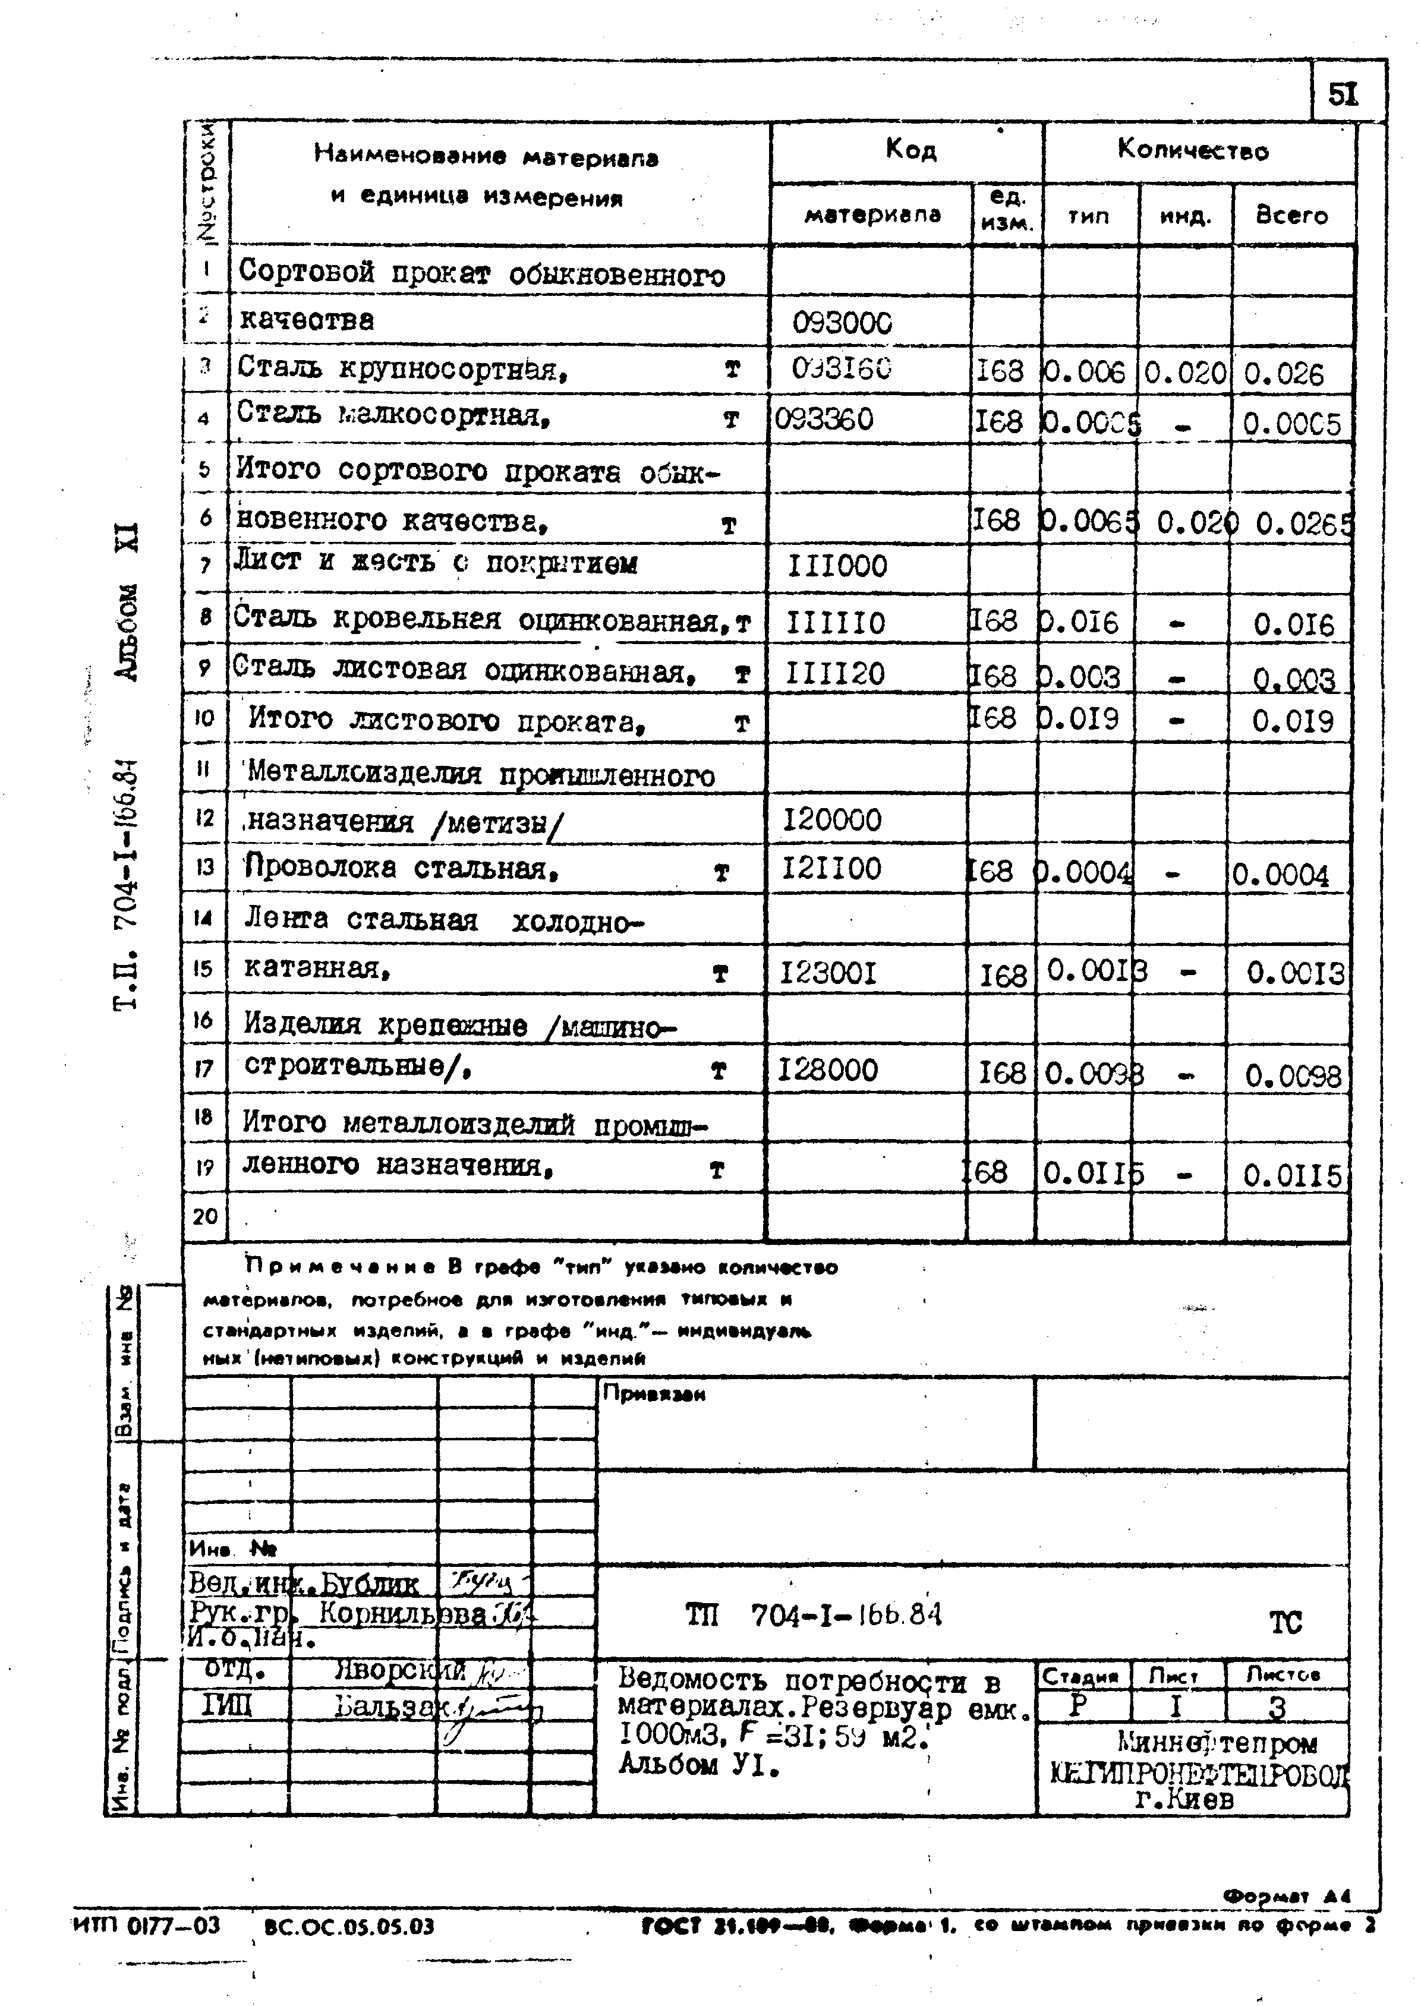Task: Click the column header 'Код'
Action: (x=910, y=150)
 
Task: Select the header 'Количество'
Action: (x=1193, y=150)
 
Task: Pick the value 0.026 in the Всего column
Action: (x=1284, y=374)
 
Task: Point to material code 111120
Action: (x=835, y=674)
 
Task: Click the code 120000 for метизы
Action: (x=831, y=821)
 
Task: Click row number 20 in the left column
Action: (x=205, y=1216)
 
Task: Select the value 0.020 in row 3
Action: (x=1184, y=374)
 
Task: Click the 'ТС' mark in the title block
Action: (x=1285, y=1624)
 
